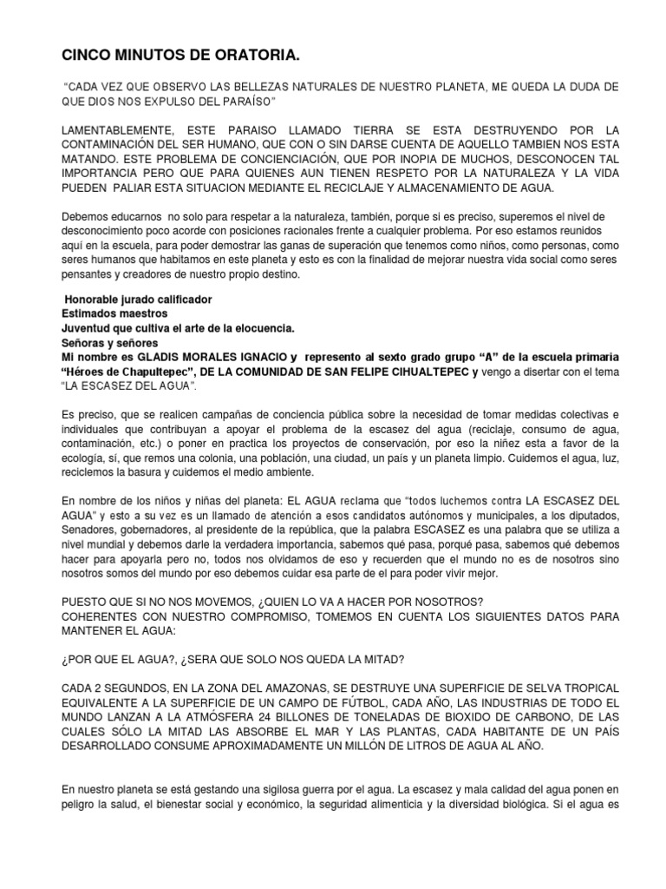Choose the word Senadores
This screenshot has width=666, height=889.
point(91,529)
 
